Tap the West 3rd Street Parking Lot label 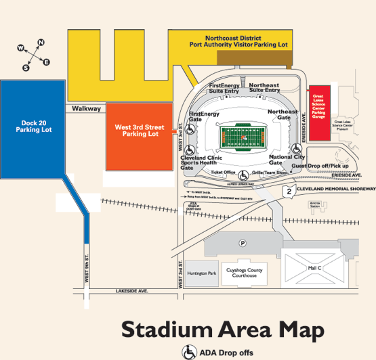140,130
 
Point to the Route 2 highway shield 289,192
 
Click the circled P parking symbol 242,243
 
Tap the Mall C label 314,269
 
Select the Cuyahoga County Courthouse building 245,272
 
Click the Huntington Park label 203,273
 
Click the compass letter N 41,43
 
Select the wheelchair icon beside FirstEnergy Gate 192,127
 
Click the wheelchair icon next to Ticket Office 243,174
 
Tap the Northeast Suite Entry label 264,88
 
